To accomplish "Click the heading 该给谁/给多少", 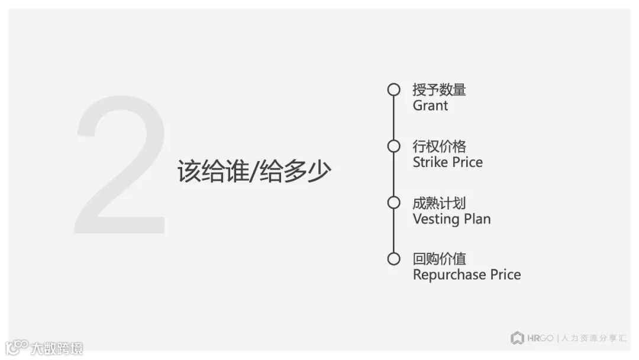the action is (x=254, y=172).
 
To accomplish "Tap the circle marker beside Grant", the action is (x=393, y=90).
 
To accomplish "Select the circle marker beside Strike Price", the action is (x=393, y=146).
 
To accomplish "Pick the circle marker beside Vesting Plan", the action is (x=393, y=202).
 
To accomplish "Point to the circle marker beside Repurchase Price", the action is (x=393, y=259).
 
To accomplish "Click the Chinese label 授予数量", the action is (x=439, y=90).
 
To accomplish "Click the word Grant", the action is (x=430, y=106).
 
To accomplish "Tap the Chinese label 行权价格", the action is (x=439, y=146).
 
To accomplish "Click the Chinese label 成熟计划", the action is (x=439, y=202).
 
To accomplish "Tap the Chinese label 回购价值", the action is (x=439, y=259).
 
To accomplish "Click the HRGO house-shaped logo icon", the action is (x=517, y=338).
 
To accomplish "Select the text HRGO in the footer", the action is (x=540, y=338).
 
